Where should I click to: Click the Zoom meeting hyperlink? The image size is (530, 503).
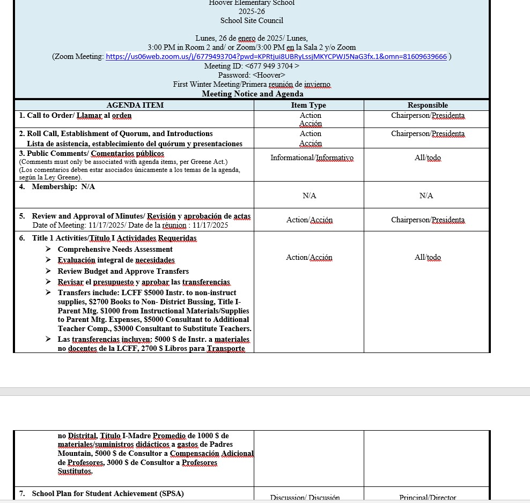[x=276, y=56]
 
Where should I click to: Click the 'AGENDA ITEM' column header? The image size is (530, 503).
[x=135, y=105]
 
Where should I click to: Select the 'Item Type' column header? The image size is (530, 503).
[x=308, y=105]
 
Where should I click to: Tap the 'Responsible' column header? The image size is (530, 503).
[x=428, y=105]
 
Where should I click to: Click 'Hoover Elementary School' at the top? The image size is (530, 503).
[x=252, y=3]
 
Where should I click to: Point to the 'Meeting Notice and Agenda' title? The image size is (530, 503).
[x=252, y=94]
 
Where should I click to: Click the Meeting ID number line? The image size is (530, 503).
[x=252, y=66]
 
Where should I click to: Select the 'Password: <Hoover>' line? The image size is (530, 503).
[x=252, y=75]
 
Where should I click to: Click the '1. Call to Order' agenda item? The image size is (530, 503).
[x=76, y=115]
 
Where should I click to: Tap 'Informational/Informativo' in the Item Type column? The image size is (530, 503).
[x=312, y=157]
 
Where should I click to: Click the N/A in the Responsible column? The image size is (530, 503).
[x=426, y=196]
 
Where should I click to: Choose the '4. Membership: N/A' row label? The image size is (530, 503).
[x=57, y=186]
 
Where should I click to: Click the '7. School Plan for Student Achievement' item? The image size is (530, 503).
[x=107, y=493]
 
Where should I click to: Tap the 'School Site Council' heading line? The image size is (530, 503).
[x=252, y=20]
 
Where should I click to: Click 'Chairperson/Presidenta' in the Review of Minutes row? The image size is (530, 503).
[x=428, y=220]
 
